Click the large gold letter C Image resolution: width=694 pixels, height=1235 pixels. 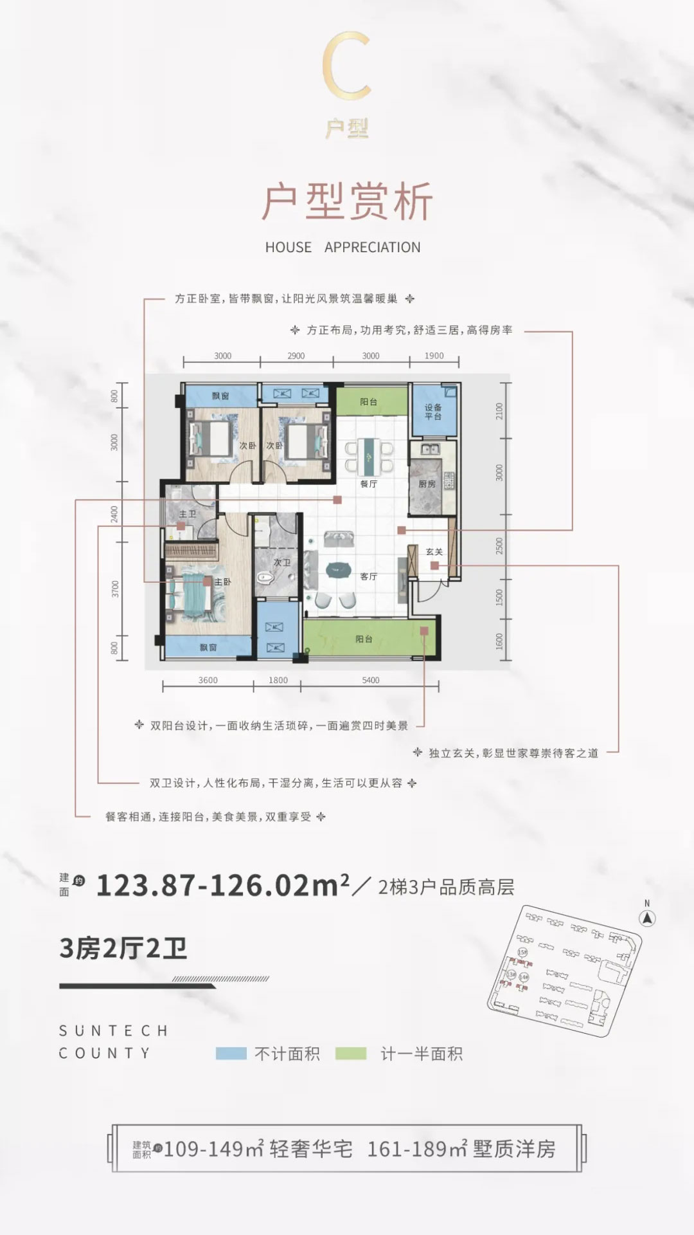[x=346, y=68]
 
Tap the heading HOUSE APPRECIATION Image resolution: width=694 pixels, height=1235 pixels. [x=343, y=248]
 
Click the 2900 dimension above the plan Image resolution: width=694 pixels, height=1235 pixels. [x=296, y=356]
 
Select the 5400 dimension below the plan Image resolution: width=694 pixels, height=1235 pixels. [x=371, y=680]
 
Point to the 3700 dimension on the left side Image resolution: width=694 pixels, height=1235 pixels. [x=116, y=589]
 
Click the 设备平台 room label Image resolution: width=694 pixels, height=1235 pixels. [x=433, y=412]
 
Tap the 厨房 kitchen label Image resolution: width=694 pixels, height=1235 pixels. [x=427, y=484]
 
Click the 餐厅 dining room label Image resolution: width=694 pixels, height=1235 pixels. [x=369, y=484]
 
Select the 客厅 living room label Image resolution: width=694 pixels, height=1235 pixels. [x=369, y=576]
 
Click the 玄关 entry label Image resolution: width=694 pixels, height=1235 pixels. [x=434, y=552]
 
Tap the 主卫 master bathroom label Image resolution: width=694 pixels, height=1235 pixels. [x=188, y=515]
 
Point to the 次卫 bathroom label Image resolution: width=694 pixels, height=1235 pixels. [x=282, y=562]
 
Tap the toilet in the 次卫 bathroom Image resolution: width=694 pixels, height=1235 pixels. [x=263, y=577]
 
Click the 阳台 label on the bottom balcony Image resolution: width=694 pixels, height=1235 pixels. [x=364, y=639]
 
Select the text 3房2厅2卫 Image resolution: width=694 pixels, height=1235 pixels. [x=123, y=949]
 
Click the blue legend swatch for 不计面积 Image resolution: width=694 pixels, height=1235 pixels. [x=231, y=1054]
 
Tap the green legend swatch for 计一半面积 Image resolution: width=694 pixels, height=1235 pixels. [x=351, y=1054]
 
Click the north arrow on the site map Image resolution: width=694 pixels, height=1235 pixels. [x=648, y=919]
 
